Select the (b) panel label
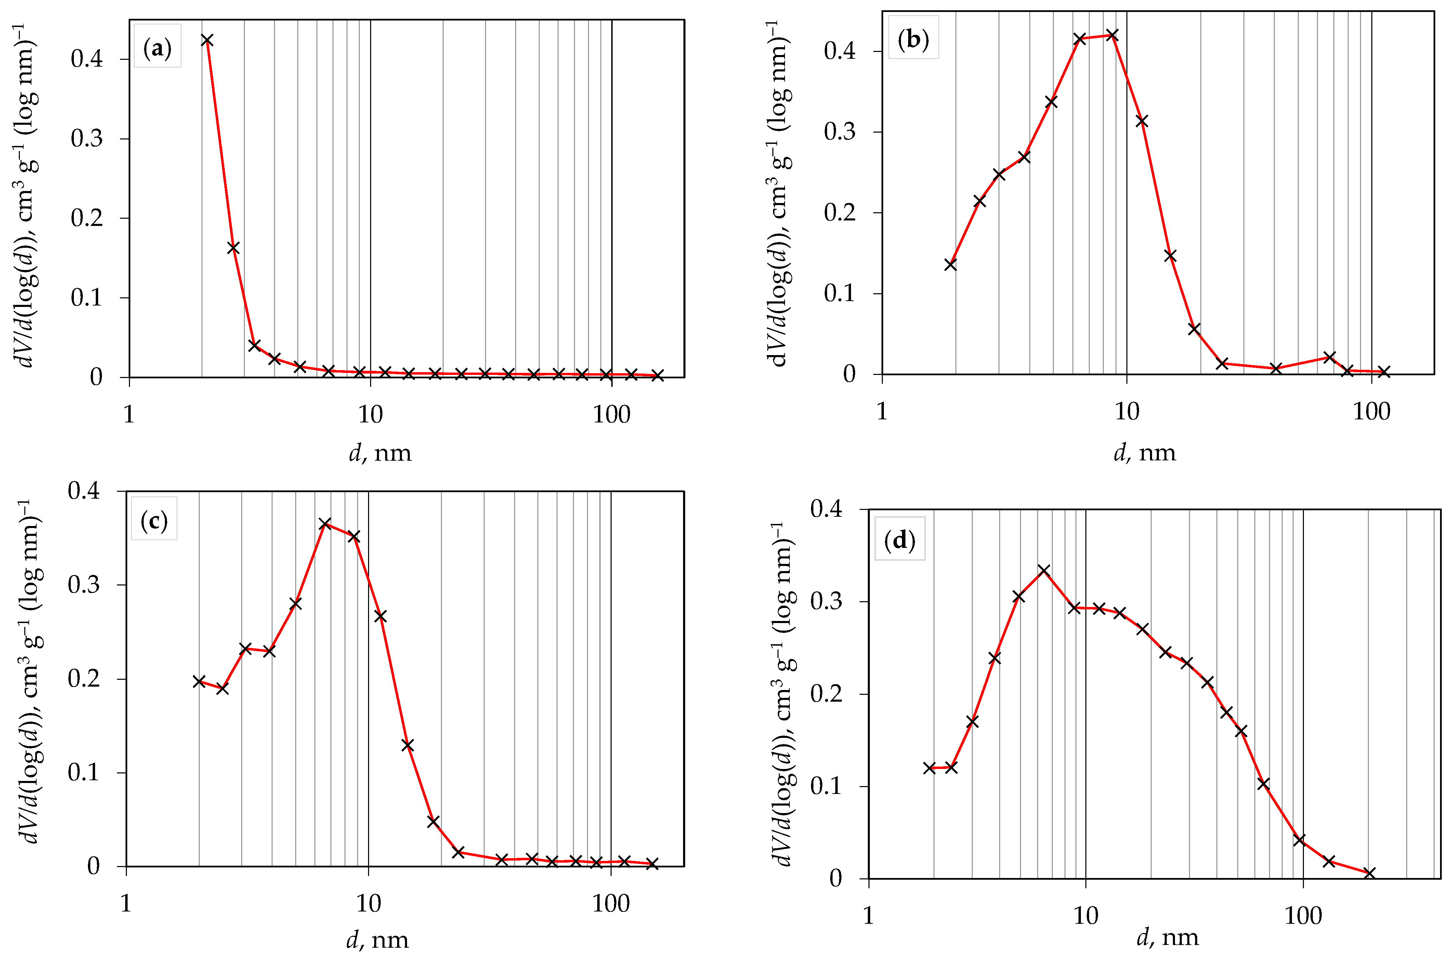[x=913, y=39]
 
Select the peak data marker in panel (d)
[x=1044, y=571]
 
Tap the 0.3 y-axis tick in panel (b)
[x=840, y=132]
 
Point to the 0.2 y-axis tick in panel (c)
[x=84, y=679]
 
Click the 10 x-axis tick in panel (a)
[x=370, y=415]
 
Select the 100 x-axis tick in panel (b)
[x=1371, y=411]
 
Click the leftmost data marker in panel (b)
[x=951, y=264]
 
